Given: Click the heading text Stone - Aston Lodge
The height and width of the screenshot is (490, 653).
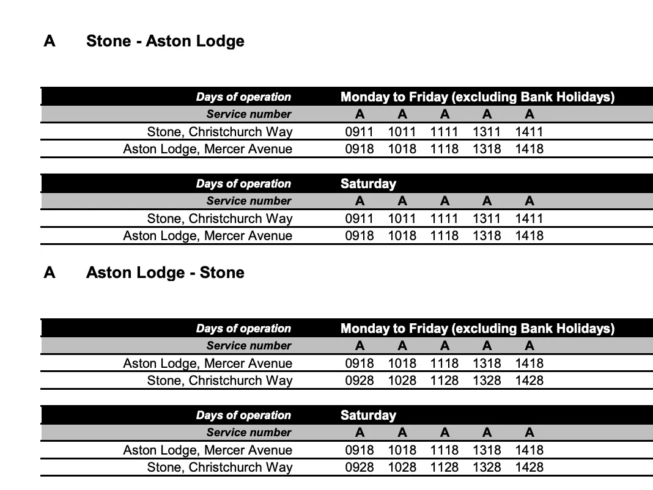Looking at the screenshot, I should point(165,42).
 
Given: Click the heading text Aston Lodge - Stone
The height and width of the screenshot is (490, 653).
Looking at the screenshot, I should point(165,272).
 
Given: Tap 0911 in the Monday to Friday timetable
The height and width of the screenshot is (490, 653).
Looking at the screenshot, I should point(359,131).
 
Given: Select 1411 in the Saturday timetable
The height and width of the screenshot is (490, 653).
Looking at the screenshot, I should point(529,218).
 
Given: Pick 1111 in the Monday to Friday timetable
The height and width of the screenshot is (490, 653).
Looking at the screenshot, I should point(444,131).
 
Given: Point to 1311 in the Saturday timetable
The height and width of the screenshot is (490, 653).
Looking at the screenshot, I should point(487,218).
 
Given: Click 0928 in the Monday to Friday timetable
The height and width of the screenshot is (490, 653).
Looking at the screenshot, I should point(359,380).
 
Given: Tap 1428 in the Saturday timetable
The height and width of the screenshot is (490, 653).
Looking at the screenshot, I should point(529,467).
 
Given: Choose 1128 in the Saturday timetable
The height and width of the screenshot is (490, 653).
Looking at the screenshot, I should point(444,467).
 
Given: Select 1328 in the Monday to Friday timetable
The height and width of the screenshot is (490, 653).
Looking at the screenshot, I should point(487,380).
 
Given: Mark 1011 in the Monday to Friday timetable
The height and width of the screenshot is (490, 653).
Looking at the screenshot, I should point(402,131).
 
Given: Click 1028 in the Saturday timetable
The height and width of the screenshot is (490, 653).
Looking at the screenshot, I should point(402,467).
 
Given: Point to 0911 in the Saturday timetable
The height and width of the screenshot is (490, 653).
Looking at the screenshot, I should point(359,218).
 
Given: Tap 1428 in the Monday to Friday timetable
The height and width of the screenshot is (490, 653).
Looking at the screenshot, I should point(529,380).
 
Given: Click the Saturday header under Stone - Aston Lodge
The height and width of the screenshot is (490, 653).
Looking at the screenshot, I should point(368,184).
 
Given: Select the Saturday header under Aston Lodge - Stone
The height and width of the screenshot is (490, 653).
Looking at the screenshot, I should point(368,415).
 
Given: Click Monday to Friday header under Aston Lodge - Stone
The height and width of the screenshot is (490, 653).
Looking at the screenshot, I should point(477,329).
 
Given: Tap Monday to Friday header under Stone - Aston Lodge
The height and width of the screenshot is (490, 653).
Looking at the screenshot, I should point(477,97).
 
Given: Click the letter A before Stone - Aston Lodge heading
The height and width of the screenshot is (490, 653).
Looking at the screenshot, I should point(50,42).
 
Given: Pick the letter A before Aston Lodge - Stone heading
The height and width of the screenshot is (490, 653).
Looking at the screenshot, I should point(50,272).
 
